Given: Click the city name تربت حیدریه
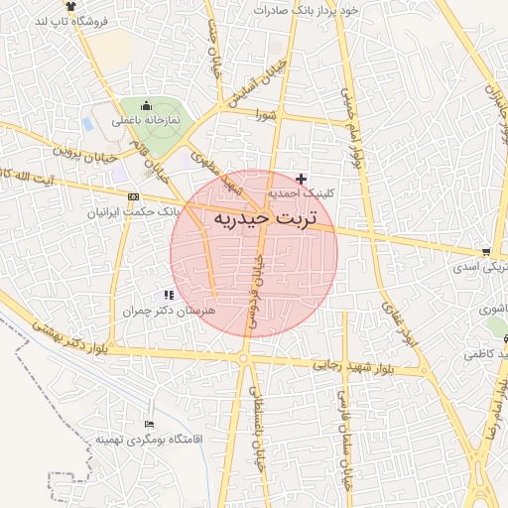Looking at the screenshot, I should point(261,216).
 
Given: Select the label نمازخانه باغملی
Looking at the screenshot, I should point(146,121).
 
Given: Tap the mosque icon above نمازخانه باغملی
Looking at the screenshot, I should point(147,106).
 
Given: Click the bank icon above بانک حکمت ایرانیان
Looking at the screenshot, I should point(133,196).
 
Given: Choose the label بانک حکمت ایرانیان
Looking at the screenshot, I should point(133,212).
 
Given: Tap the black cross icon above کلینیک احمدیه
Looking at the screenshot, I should point(302,178).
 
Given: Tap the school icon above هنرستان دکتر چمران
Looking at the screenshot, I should point(169,295).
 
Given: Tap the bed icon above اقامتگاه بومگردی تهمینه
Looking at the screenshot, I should point(149,423).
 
